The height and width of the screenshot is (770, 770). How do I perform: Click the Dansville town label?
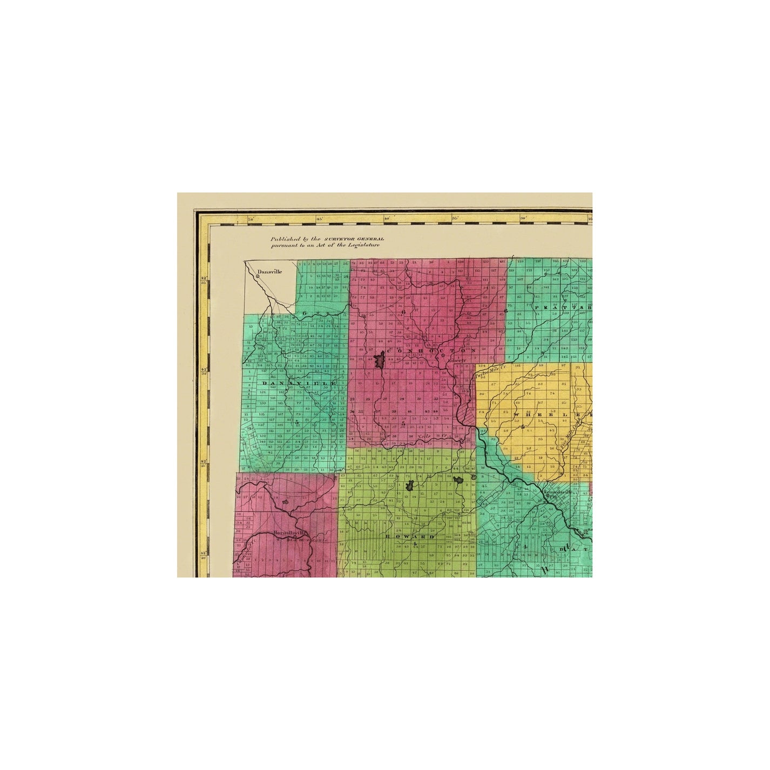click(x=270, y=272)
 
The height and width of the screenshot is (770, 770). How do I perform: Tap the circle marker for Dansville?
click(x=258, y=276)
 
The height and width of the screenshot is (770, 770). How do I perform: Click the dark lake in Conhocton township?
click(x=379, y=358)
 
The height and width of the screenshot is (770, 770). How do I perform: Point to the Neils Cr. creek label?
click(x=433, y=436)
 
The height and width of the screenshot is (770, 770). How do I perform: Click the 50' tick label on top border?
click(x=250, y=219)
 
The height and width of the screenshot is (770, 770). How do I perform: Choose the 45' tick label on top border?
click(x=319, y=219)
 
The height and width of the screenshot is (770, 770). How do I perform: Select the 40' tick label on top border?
click(x=387, y=219)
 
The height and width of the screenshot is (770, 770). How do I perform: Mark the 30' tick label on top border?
click(x=523, y=219)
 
